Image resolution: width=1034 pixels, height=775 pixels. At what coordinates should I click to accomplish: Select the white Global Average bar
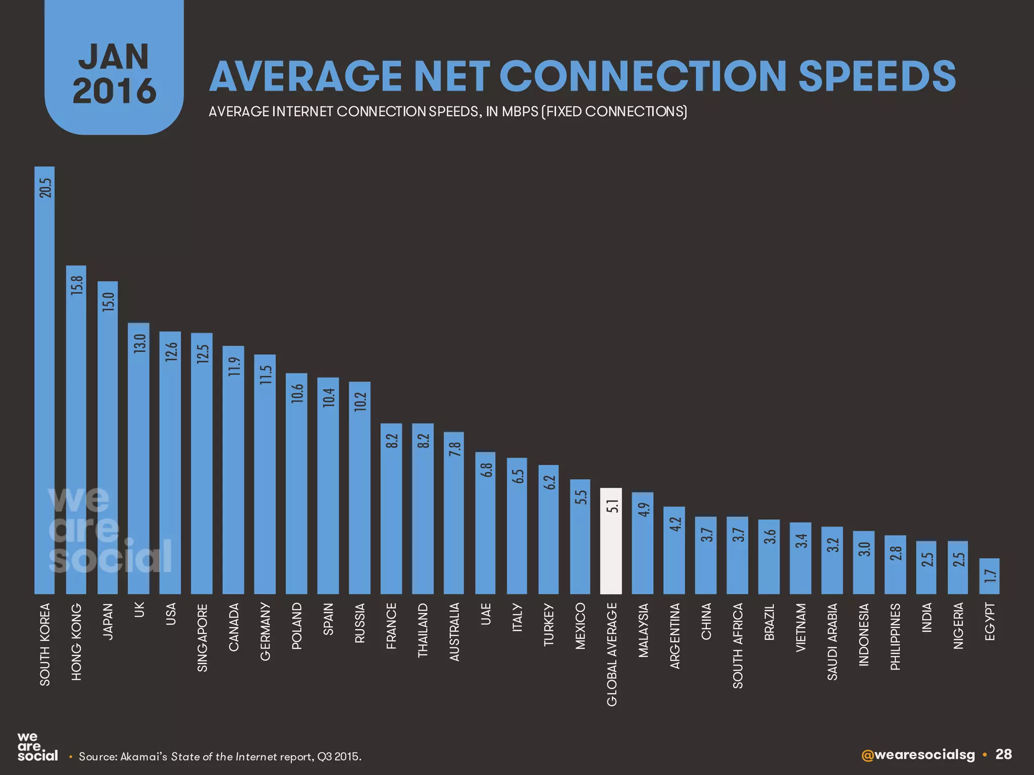point(611,542)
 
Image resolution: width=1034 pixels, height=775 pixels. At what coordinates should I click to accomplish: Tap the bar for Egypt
point(990,576)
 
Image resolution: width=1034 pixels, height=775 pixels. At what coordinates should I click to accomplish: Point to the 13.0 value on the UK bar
point(139,344)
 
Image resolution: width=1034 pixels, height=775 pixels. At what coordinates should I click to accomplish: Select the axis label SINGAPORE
point(202,637)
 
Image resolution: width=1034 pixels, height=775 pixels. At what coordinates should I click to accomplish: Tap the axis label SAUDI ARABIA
point(833,641)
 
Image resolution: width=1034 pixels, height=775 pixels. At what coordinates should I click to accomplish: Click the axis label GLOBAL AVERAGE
point(611,654)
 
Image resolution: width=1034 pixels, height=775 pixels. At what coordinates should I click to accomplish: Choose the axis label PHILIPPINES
point(895,637)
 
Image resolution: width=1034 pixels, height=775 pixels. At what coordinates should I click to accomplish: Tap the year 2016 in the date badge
point(114,91)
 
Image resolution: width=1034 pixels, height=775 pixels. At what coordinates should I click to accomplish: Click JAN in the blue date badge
point(114,57)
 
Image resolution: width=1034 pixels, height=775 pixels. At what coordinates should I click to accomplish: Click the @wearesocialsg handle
point(918,755)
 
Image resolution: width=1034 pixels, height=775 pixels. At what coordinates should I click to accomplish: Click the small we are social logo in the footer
point(37,747)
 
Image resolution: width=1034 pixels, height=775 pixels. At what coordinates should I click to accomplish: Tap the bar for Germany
point(265,474)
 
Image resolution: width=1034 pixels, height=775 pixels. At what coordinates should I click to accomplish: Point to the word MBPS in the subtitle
point(520,112)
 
